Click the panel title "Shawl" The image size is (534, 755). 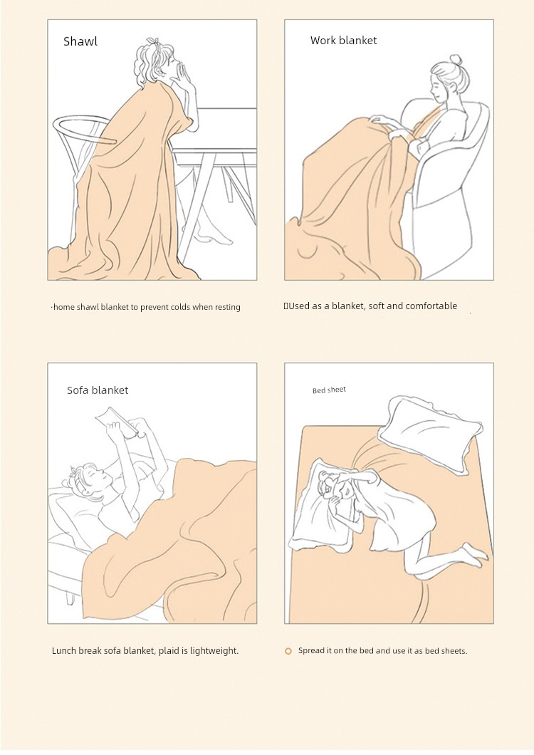pos(80,41)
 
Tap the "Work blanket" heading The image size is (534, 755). pos(343,41)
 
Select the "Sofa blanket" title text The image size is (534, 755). pos(98,390)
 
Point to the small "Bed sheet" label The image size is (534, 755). pos(329,390)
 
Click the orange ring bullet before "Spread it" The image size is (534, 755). pos(288,652)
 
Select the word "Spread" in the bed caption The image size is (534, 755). pos(311,651)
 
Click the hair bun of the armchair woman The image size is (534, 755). pos(455,59)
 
